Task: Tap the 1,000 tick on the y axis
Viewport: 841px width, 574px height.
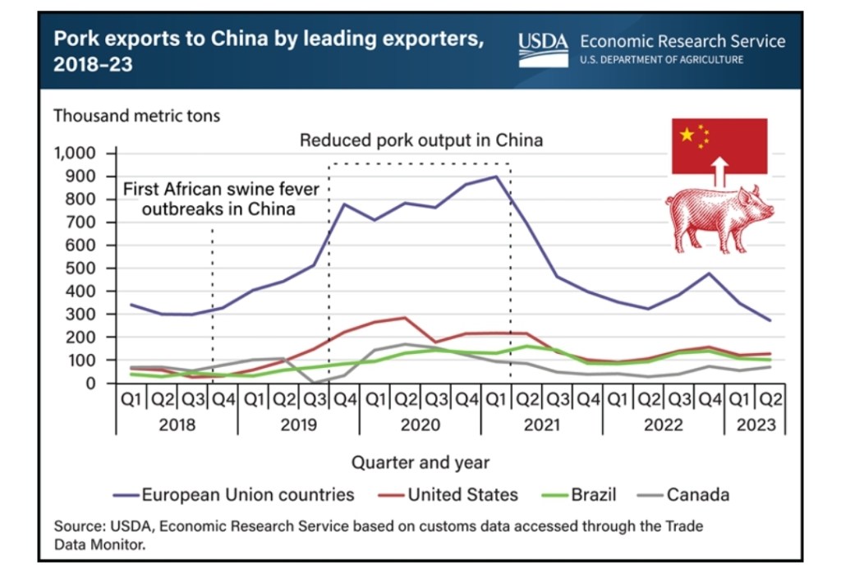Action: pyautogui.click(x=75, y=154)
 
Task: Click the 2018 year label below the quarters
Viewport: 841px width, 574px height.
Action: pyautogui.click(x=177, y=425)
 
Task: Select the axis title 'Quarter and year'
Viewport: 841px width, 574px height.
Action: pyautogui.click(x=420, y=462)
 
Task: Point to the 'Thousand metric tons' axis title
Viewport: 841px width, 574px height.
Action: pyautogui.click(x=137, y=116)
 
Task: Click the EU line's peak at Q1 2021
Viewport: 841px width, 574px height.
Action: pyautogui.click(x=495, y=177)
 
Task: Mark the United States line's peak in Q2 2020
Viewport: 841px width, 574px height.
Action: pyautogui.click(x=404, y=318)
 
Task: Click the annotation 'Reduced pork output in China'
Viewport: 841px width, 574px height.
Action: pyautogui.click(x=420, y=140)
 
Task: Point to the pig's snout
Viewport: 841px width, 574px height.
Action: pyautogui.click(x=770, y=212)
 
